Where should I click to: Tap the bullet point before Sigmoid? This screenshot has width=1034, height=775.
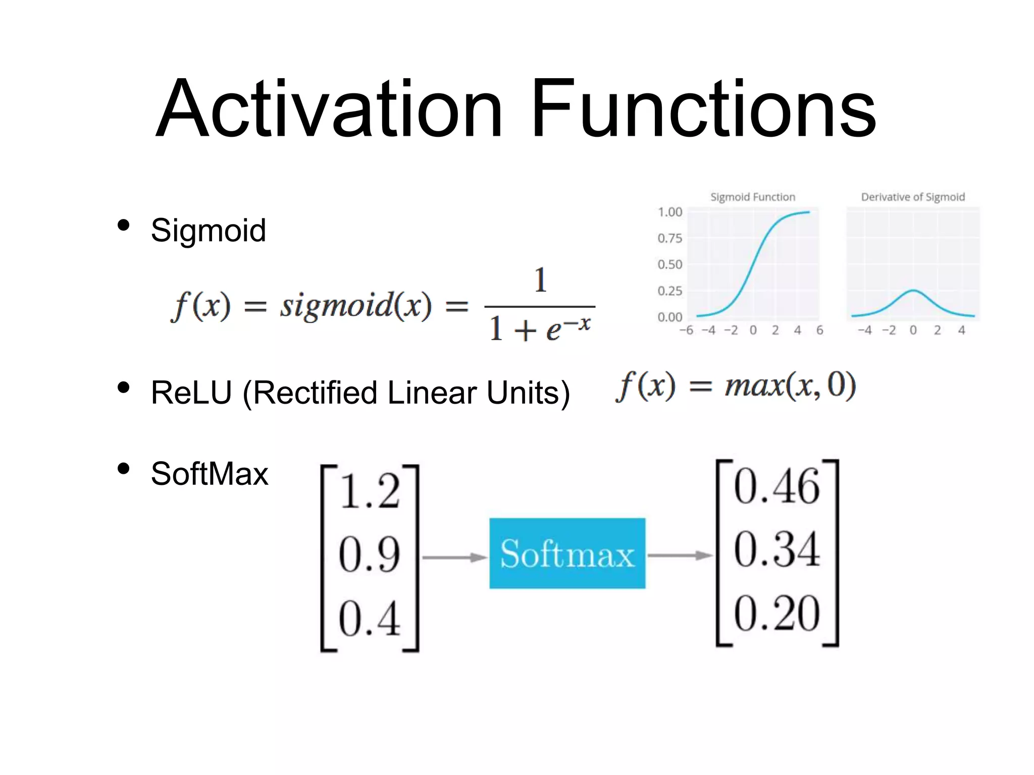tap(123, 226)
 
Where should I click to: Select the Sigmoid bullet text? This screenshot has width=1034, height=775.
tap(208, 231)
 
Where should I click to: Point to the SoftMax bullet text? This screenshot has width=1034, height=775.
tap(210, 474)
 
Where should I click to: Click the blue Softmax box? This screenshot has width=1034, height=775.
tap(567, 553)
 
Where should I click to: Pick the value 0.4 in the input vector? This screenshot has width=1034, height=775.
tap(370, 619)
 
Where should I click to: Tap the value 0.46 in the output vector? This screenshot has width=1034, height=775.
tap(777, 487)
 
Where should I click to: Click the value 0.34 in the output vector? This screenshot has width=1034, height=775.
tap(777, 550)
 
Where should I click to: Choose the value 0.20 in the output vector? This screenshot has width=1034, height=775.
tap(777, 614)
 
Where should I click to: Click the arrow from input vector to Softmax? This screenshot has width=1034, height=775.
tap(454, 558)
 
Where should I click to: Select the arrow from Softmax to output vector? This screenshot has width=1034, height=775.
tap(680, 556)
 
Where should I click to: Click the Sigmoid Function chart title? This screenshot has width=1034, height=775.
tap(752, 197)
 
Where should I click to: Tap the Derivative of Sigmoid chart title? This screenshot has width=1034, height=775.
tap(912, 197)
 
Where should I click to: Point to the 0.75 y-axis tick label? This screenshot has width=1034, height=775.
tap(669, 238)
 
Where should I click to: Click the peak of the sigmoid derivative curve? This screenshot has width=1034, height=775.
tap(913, 290)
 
